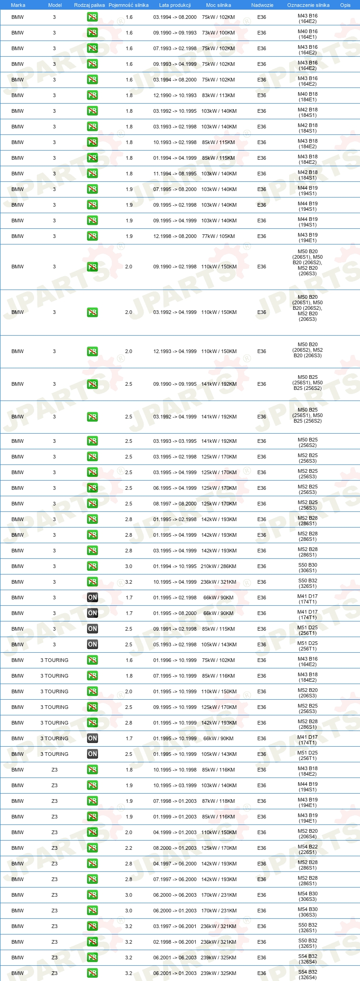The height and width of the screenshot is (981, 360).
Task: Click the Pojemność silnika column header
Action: [128, 5]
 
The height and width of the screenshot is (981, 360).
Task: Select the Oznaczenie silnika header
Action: [308, 5]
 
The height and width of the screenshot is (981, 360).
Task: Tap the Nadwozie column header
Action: [262, 5]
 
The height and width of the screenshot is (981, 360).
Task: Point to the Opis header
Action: [345, 5]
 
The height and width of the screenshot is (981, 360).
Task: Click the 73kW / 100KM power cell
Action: [218, 33]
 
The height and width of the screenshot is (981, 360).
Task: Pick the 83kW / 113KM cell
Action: [218, 95]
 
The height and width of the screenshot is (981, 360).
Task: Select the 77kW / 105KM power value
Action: [218, 236]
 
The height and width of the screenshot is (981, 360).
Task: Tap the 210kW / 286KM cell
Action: [218, 566]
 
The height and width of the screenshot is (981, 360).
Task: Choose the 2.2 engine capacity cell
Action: [129, 848]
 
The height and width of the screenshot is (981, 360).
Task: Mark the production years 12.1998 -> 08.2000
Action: [175, 236]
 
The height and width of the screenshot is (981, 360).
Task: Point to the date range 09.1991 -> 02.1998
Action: [175, 629]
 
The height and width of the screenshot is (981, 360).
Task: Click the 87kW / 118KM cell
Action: [218, 801]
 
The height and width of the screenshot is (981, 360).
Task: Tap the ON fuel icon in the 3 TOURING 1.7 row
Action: [93, 738]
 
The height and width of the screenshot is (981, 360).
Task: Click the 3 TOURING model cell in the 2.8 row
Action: [54, 723]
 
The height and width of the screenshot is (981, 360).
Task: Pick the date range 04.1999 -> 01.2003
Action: [175, 832]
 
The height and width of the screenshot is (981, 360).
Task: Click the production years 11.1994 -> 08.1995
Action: [175, 174]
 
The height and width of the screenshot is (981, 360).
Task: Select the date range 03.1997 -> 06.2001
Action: [175, 926]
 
